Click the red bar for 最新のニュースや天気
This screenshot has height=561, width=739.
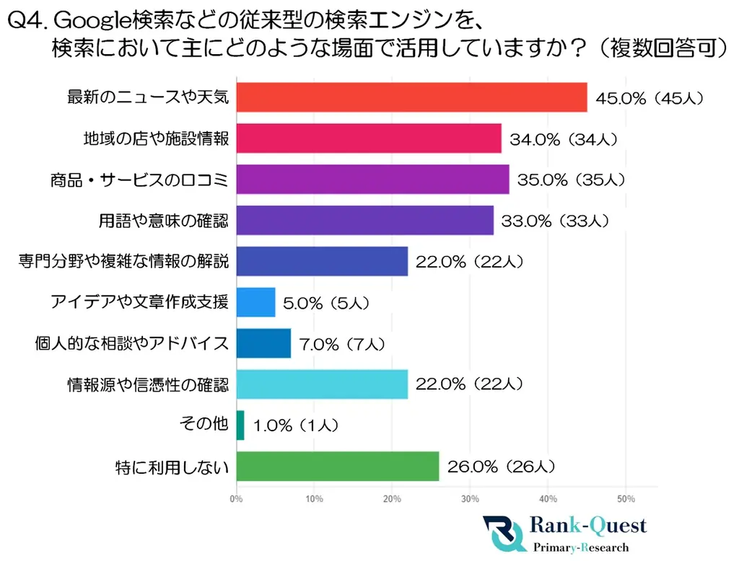tap(411, 97)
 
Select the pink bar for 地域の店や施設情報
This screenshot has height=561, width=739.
tap(369, 138)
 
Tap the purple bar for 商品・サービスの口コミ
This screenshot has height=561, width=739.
tap(372, 180)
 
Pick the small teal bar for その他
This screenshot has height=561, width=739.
tap(240, 425)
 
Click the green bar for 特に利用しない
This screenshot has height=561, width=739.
tap(337, 467)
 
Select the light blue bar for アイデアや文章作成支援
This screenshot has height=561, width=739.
tap(255, 302)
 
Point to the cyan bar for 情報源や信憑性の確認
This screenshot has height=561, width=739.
tap(322, 384)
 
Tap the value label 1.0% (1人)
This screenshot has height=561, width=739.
tap(297, 427)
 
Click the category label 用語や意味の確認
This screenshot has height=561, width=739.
tap(163, 221)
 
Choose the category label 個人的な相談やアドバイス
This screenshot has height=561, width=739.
tap(132, 343)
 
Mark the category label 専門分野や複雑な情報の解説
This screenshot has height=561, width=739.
tap(123, 262)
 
